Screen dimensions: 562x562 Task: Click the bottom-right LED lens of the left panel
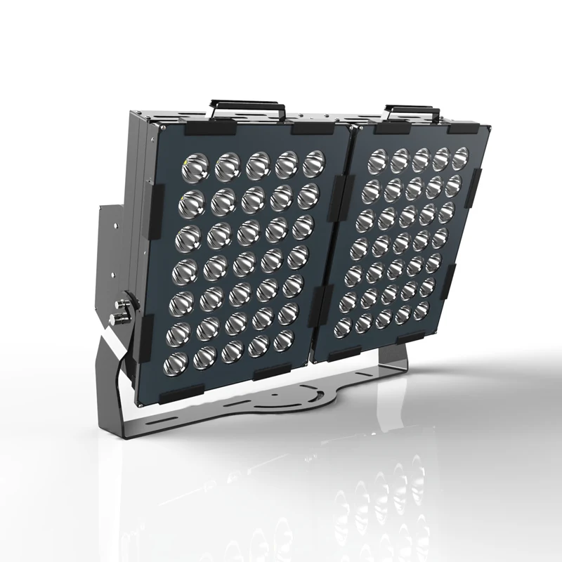point(282,340)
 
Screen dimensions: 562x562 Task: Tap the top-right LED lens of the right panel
point(460,156)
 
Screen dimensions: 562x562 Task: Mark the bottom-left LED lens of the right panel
point(344,327)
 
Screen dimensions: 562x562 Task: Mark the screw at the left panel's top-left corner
point(162,131)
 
